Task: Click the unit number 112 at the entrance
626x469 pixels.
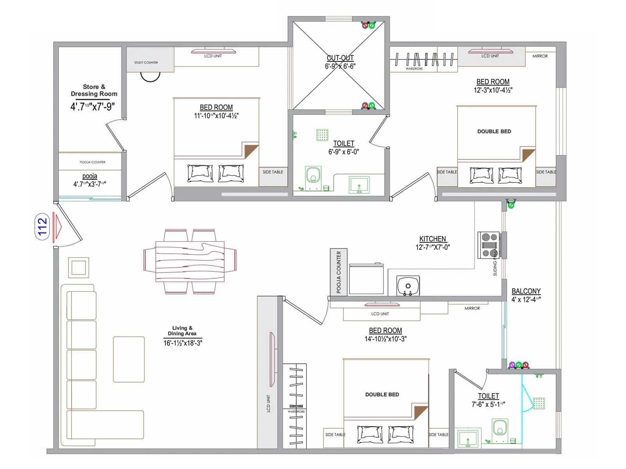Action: tap(42, 226)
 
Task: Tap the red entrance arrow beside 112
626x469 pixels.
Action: tap(58, 226)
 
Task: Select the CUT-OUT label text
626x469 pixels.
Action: tap(340, 58)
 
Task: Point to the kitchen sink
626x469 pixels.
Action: tap(408, 286)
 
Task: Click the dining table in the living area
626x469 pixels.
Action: tap(190, 261)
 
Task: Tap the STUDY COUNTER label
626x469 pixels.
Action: tap(146, 63)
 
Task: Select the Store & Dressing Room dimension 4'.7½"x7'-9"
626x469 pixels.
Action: tap(93, 107)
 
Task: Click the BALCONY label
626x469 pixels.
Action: tap(526, 291)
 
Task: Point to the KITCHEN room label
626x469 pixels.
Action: tap(432, 239)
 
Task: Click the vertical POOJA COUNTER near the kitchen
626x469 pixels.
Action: tap(338, 272)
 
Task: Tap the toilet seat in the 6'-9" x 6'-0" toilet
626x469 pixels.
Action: tap(313, 175)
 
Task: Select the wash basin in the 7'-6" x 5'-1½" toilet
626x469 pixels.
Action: tap(468, 439)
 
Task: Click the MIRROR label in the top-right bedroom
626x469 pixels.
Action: tap(540, 56)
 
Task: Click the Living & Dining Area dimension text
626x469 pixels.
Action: tap(183, 343)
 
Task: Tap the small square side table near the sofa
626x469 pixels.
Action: tap(79, 268)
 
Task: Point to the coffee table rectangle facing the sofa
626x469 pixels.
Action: tap(129, 359)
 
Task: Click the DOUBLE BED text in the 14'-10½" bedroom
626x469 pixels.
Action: tap(382, 395)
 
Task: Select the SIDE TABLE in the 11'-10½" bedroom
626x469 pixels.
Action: tap(273, 172)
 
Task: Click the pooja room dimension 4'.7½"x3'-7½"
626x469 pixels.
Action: tap(90, 184)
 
